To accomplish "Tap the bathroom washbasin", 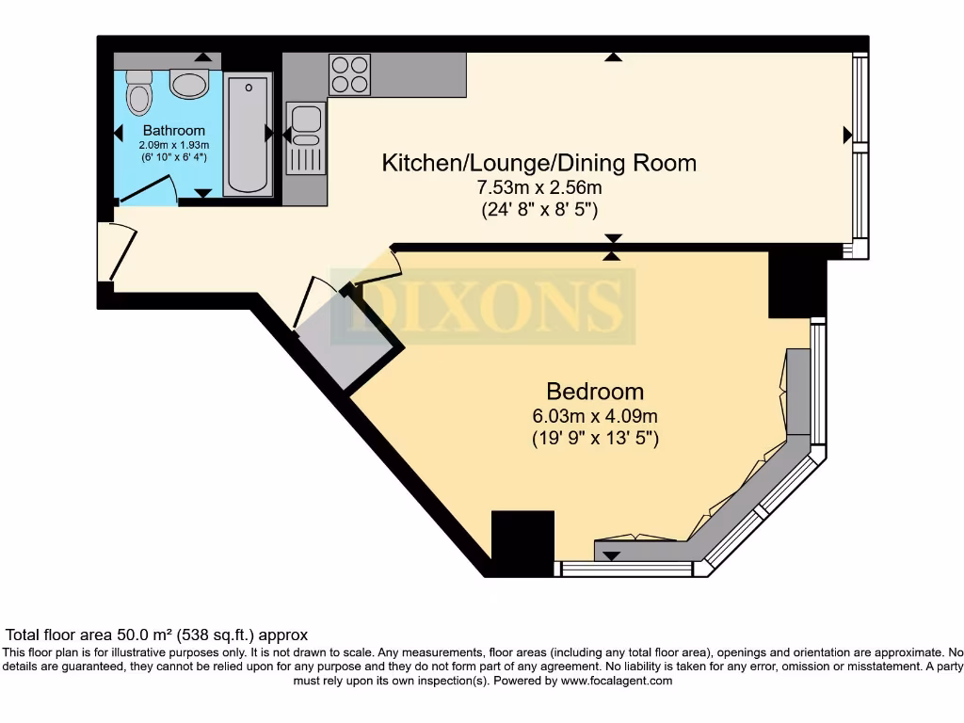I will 190,86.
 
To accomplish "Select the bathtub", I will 249,135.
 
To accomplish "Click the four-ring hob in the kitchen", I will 349,74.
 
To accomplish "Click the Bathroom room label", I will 173,130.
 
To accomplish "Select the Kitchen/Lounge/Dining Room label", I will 538,163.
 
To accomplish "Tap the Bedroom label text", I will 596,391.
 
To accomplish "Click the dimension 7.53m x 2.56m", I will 538,188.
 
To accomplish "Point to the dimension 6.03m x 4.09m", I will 596,416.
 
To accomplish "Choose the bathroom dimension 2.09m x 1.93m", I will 173,145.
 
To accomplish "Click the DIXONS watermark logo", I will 490,306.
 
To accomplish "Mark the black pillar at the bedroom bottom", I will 522,542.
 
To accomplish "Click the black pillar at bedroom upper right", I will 796,284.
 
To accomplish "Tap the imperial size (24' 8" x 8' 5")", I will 538,210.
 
